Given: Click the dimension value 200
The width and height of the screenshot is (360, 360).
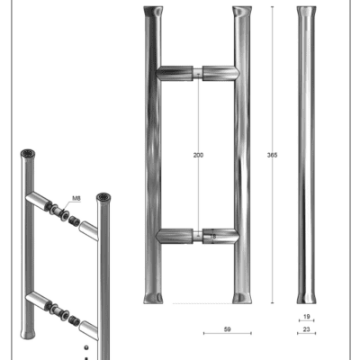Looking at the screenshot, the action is coord(198,155).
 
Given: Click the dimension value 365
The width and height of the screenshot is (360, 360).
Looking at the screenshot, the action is coord(272,155).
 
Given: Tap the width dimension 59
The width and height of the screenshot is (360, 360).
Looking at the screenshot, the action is coord(228,329).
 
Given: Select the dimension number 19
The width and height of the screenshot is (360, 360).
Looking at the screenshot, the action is coord(306,317).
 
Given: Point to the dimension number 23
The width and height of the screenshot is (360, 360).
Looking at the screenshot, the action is coord(306,329).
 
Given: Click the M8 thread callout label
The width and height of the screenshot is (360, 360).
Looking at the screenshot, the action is coord(76,198).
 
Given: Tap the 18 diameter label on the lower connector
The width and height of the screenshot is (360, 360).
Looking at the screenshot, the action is coord(212,237).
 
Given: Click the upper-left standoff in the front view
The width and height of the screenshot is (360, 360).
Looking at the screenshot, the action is coord(175,73).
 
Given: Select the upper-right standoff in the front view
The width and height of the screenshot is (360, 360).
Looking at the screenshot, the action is coord(220,73).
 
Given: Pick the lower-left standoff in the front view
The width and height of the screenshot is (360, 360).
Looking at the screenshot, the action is coord(175,237).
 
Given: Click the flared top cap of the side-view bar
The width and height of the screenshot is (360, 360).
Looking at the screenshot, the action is coord(306,11).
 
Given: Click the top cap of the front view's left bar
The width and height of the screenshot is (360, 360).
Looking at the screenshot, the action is coord(153,12).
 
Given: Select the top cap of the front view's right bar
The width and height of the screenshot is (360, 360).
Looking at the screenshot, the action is coord(242,12).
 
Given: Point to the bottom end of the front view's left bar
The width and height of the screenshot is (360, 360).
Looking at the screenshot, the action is coord(153,298).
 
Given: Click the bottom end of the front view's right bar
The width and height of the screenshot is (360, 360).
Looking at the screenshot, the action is coord(242,298).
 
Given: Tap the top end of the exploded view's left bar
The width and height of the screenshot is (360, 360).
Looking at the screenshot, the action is coord(28,154).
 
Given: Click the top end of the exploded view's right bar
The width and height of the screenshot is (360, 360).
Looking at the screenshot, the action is coord(103,197).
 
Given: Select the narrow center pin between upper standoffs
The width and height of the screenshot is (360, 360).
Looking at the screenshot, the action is coord(198,73).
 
